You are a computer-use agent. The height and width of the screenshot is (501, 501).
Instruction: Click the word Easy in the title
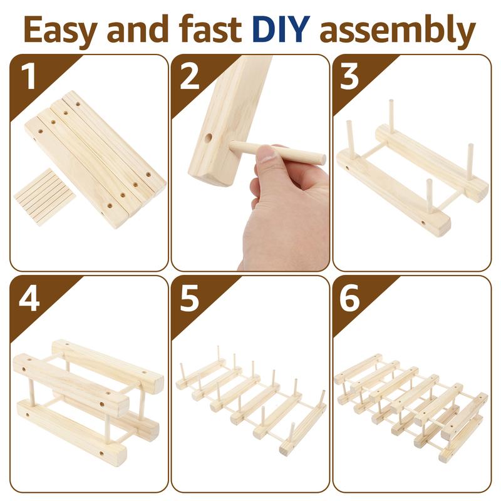[59, 31]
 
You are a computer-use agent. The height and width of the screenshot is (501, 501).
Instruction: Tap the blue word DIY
[281, 29]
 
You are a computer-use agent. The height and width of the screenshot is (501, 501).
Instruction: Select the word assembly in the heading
[398, 31]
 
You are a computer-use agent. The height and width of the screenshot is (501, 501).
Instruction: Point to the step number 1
[29, 76]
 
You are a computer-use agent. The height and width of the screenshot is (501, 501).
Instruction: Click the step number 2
[189, 76]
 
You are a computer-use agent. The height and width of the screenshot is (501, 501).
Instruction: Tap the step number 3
[349, 76]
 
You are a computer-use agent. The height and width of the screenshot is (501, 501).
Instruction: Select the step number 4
[29, 298]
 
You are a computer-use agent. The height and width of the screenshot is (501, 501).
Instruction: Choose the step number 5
[189, 298]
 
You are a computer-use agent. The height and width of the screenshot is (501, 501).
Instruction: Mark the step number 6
[349, 298]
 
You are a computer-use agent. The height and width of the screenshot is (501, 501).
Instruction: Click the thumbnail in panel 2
[267, 155]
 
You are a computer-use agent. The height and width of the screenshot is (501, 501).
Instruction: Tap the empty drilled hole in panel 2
[209, 138]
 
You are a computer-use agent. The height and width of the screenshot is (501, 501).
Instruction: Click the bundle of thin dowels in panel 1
[44, 197]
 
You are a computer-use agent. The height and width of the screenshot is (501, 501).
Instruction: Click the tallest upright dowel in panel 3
[391, 117]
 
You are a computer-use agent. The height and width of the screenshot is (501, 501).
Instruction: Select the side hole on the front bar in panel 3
[423, 223]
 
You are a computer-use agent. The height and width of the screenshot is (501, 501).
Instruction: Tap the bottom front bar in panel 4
[71, 428]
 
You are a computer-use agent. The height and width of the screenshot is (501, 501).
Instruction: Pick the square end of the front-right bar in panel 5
[286, 450]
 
